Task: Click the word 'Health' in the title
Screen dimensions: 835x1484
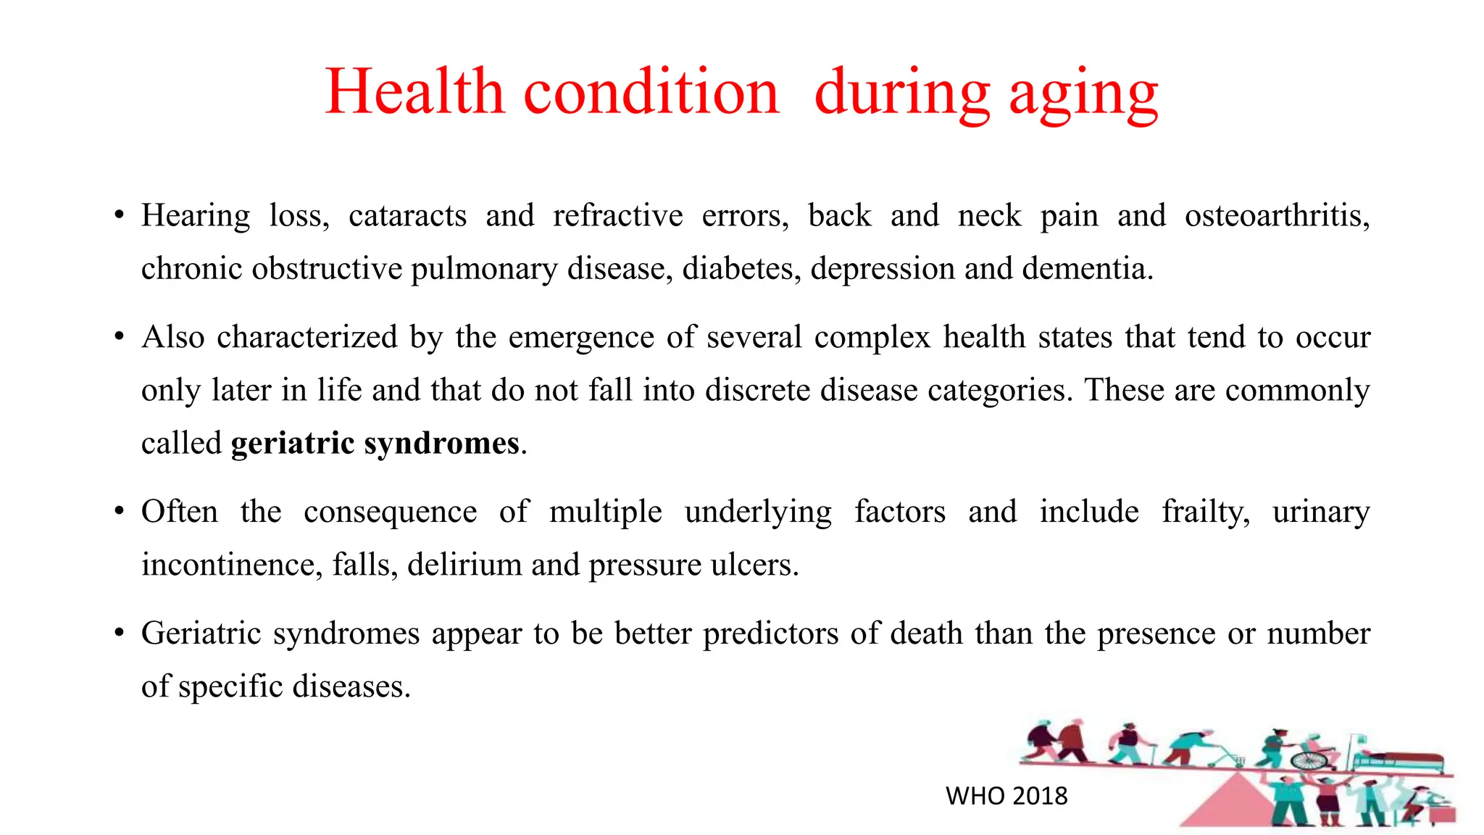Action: click(x=414, y=92)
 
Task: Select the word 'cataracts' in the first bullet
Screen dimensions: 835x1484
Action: click(x=407, y=216)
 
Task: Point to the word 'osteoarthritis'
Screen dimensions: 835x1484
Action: click(x=1277, y=216)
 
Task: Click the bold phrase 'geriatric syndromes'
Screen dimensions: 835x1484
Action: click(x=375, y=444)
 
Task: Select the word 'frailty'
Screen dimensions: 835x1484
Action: click(x=1206, y=512)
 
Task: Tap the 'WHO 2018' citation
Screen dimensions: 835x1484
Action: click(x=1006, y=796)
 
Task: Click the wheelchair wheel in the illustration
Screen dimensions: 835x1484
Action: click(x=1310, y=760)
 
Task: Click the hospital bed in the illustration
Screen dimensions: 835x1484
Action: click(x=1398, y=761)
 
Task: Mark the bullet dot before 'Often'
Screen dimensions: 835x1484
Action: click(x=119, y=512)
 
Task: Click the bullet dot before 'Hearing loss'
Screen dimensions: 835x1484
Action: click(x=119, y=215)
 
